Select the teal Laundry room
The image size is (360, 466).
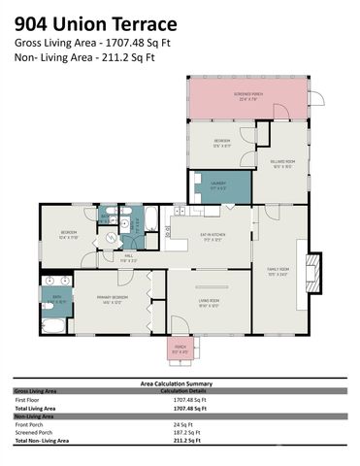point(221,186)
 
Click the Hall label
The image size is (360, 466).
point(127,257)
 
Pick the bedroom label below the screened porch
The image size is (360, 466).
point(222,146)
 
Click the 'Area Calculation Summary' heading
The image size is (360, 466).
point(180,383)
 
